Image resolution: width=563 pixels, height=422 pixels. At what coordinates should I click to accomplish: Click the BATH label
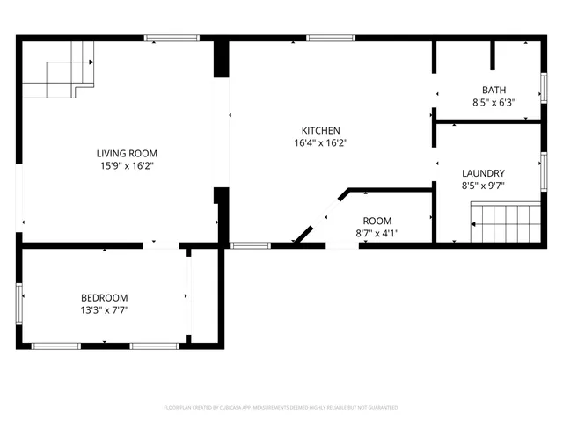coord(494,90)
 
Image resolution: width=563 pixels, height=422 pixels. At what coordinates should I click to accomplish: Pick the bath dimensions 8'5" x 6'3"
coord(494,102)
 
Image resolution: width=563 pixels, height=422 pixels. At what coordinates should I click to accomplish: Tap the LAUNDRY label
coord(483,173)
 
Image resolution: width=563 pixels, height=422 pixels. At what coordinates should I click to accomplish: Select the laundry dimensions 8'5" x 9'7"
coord(483,186)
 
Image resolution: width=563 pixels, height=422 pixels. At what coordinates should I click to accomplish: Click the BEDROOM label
coord(105,297)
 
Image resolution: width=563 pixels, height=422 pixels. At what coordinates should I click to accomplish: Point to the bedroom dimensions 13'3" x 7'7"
coord(105,309)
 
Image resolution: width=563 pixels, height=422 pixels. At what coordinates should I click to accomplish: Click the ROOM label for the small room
coord(377,221)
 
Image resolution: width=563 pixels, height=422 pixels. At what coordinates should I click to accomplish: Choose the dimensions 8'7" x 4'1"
coord(377,233)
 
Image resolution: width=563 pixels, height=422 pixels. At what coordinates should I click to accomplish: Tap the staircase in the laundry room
coord(505,222)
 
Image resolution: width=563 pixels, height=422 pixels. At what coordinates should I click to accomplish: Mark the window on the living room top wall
coord(165,38)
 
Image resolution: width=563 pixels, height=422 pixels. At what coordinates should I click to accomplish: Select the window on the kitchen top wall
coord(331,38)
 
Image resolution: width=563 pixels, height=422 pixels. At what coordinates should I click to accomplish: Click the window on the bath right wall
coord(544,90)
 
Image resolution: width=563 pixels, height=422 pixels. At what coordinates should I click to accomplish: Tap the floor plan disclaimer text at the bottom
coord(281,408)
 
